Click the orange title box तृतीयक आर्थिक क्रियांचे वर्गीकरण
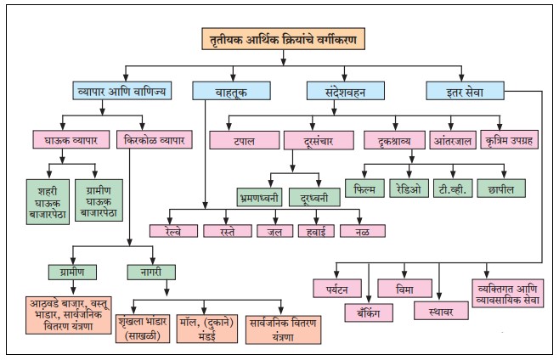[x=284, y=38]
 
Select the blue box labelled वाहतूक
[x=231, y=91]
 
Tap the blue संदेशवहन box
[x=346, y=91]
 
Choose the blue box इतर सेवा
[x=465, y=91]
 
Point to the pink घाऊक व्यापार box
[x=71, y=139]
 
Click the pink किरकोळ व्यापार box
[x=155, y=139]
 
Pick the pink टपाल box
[x=244, y=140]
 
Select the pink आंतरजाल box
[x=453, y=140]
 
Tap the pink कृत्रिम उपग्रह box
[x=509, y=140]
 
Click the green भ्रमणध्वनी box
[x=259, y=197]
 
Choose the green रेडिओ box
[x=409, y=188]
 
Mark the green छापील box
[x=501, y=188]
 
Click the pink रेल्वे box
[x=173, y=231]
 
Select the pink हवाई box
[x=316, y=231]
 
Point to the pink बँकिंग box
[x=369, y=312]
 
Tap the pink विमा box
[x=404, y=289]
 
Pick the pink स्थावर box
[x=441, y=311]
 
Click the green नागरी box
[x=151, y=273]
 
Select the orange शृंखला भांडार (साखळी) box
[x=143, y=329]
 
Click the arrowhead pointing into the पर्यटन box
[x=336, y=274]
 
